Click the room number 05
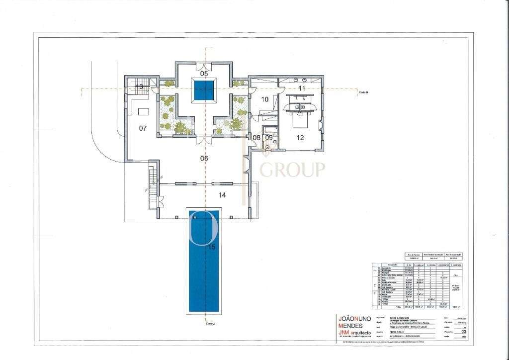[x=204, y=73]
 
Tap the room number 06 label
[x=204, y=158]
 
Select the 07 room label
[x=143, y=128]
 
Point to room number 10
[x=264, y=99]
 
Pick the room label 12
[x=300, y=138]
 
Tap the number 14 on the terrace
[x=222, y=195]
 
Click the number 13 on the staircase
[x=140, y=87]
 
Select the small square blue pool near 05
[x=204, y=92]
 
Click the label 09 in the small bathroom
[x=269, y=137]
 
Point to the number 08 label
[x=257, y=137]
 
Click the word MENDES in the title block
[x=349, y=326]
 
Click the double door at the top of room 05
[x=204, y=66]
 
